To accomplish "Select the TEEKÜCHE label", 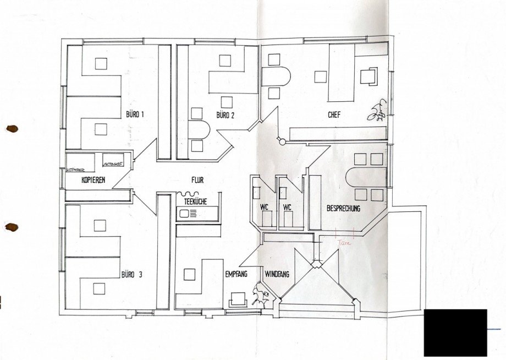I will pyautogui.click(x=190, y=202).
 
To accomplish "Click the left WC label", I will pyautogui.click(x=264, y=208).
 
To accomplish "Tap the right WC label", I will pyautogui.click(x=287, y=208).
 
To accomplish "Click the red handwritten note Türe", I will pyautogui.click(x=343, y=239).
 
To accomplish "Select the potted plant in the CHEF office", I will pyautogui.click(x=377, y=112).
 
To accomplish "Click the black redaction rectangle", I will pyautogui.click(x=455, y=332).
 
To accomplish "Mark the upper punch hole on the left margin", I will pyautogui.click(x=12, y=129).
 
